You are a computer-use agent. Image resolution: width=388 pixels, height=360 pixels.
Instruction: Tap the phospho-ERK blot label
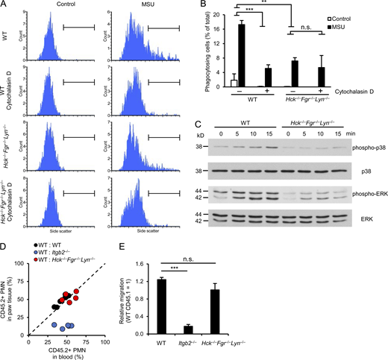coord(363,194)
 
